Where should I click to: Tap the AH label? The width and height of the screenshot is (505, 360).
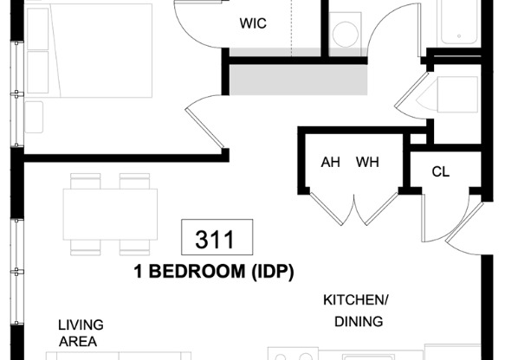330,162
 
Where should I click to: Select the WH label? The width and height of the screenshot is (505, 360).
367,162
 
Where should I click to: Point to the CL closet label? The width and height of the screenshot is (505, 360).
441,171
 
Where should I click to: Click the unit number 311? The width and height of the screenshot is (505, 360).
217,237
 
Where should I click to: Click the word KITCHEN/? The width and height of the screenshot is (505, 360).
356,300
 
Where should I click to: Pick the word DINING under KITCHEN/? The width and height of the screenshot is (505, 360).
358,323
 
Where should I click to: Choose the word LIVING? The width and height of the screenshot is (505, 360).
81,325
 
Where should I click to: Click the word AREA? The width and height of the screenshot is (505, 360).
78,342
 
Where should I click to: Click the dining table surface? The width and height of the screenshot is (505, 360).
110,211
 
